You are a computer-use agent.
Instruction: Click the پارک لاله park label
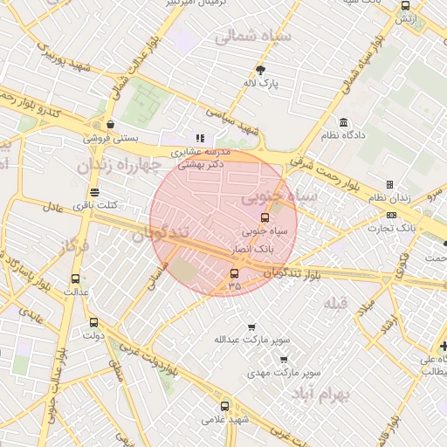tap(260, 84)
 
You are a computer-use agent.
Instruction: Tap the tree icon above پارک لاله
tap(260, 69)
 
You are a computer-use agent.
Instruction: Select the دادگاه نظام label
tap(344, 135)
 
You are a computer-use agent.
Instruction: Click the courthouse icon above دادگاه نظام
tap(344, 121)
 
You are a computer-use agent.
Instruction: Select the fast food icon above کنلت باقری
tap(94, 191)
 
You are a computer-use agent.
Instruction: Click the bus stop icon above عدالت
tap(73, 279)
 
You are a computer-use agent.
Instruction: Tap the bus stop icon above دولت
tap(93, 322)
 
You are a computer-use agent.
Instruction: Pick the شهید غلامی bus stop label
tap(225, 420)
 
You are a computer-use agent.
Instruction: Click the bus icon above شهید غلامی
tap(225, 406)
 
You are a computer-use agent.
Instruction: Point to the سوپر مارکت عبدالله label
tap(251, 340)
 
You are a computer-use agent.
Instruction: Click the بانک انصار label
tap(253, 249)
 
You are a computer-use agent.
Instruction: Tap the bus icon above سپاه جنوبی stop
tap(265, 217)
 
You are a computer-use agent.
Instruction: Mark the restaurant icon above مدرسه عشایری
tap(200, 138)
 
